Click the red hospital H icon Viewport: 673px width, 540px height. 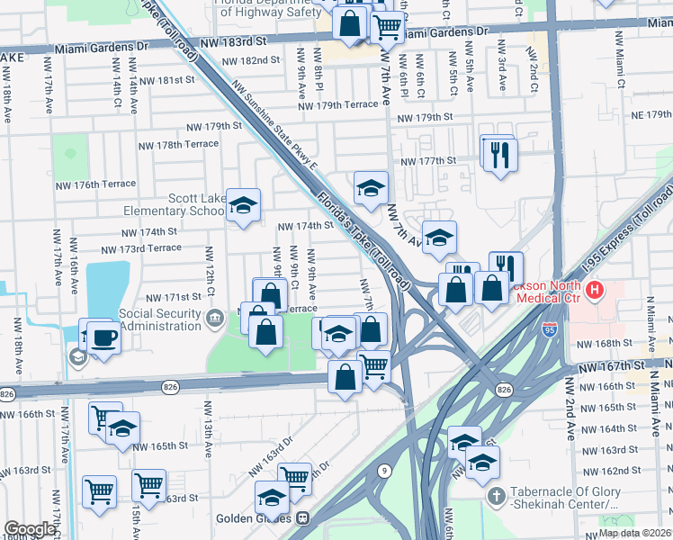pos(594,291)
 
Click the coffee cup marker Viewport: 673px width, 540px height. pos(102,337)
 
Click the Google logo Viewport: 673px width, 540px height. pos(31,529)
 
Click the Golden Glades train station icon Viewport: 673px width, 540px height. pos(303,518)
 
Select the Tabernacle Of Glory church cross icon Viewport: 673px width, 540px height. pos(495,496)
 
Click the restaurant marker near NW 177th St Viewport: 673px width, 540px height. pos(497,153)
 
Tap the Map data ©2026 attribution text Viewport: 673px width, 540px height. pos(634,533)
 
